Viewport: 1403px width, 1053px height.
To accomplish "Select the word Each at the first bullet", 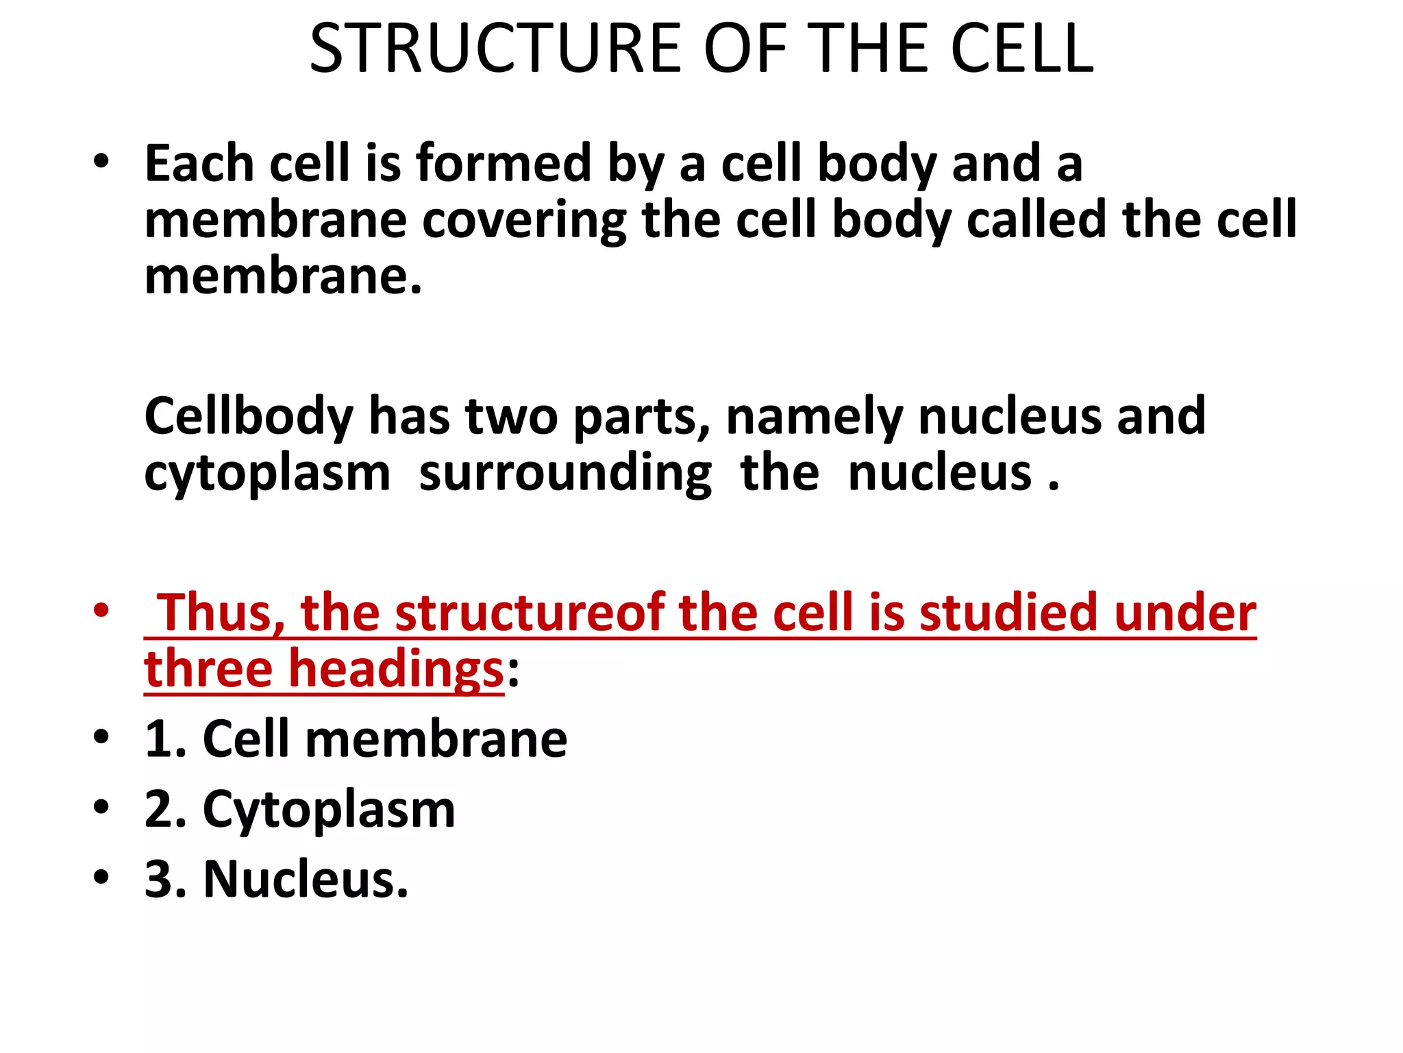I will pos(199,165).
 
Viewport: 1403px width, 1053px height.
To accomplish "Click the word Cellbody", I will pos(249,417).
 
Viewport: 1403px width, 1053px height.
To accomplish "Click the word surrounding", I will pos(565,474).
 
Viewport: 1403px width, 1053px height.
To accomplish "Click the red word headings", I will pos(396,670).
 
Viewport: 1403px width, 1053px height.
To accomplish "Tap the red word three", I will pos(208,670).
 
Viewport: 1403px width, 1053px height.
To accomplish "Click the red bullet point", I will pos(101,609).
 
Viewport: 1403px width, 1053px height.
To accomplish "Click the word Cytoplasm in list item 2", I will pos(329,810).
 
